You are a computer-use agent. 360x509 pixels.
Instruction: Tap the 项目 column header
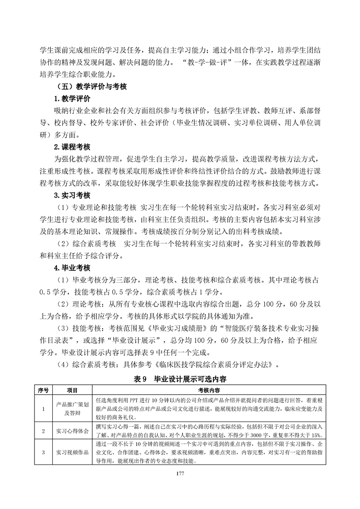point(72,389)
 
